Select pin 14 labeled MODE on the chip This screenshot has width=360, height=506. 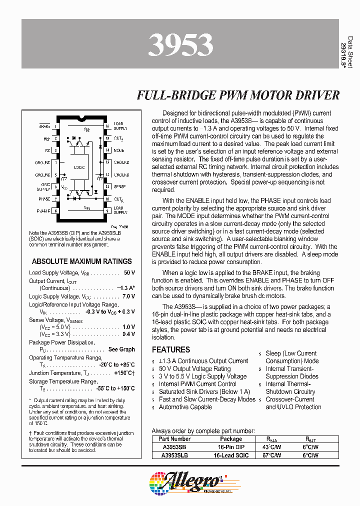[x=107, y=150]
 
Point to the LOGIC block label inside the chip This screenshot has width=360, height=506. [x=78, y=167]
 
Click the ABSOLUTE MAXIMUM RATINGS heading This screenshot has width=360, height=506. [x=82, y=261]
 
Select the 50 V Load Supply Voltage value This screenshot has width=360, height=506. [x=129, y=272]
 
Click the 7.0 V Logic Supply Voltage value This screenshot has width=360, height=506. [x=128, y=296]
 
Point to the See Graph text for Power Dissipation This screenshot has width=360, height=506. [x=121, y=349]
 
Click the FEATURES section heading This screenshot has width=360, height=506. [x=171, y=350]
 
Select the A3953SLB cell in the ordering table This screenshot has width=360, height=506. [x=175, y=455]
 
